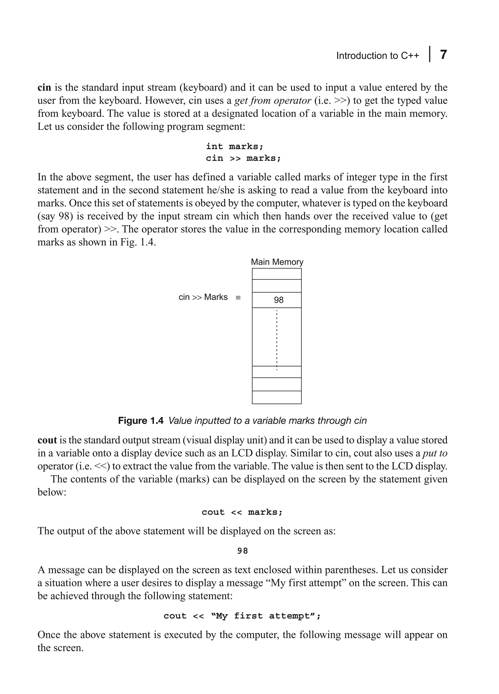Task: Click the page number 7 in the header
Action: tap(443, 55)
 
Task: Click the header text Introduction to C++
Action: tap(377, 56)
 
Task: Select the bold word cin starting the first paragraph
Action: tap(44, 87)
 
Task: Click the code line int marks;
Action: tap(234, 147)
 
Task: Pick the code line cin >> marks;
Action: tap(243, 159)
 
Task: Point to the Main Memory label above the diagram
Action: tap(277, 262)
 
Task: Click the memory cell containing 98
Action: tap(277, 300)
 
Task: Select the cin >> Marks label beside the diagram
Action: tap(203, 297)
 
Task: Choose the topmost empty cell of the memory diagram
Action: tap(277, 274)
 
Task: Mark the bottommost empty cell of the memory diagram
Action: tap(277, 397)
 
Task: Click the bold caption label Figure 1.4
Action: tap(141, 421)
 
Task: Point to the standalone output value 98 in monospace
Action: tap(242, 551)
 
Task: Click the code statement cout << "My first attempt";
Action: tap(242, 616)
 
